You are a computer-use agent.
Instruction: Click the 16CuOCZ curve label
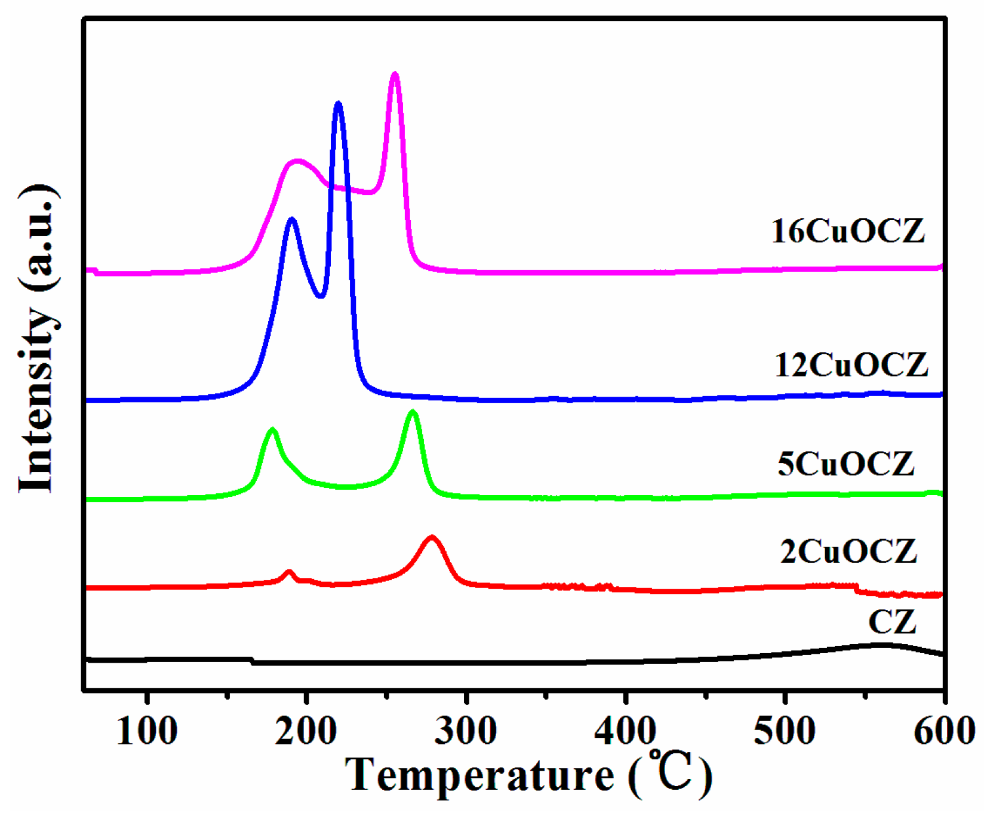click(x=847, y=231)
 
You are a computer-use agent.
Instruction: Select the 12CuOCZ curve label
click(x=851, y=365)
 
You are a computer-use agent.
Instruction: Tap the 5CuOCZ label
click(x=845, y=464)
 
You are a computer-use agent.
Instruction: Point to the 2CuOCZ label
click(x=848, y=551)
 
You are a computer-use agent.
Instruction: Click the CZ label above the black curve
click(x=892, y=622)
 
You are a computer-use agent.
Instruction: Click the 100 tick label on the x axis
click(x=147, y=731)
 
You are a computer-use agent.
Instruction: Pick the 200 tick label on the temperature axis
click(x=306, y=731)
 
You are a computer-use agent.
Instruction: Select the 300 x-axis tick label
click(x=466, y=731)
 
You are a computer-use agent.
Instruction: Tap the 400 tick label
click(x=625, y=731)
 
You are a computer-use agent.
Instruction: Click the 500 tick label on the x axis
click(x=785, y=731)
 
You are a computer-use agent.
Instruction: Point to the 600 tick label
click(x=944, y=731)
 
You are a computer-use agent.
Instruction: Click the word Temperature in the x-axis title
click(x=479, y=775)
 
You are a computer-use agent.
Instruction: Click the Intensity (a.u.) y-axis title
click(x=37, y=339)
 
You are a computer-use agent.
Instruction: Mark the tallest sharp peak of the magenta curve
click(x=394, y=75)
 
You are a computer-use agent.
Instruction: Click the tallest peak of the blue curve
click(x=339, y=104)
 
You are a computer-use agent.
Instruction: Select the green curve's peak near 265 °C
click(x=412, y=412)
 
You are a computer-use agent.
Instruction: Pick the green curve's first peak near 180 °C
click(x=273, y=430)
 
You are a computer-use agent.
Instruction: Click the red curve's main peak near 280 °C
click(x=432, y=538)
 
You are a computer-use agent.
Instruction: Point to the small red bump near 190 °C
click(x=290, y=572)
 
